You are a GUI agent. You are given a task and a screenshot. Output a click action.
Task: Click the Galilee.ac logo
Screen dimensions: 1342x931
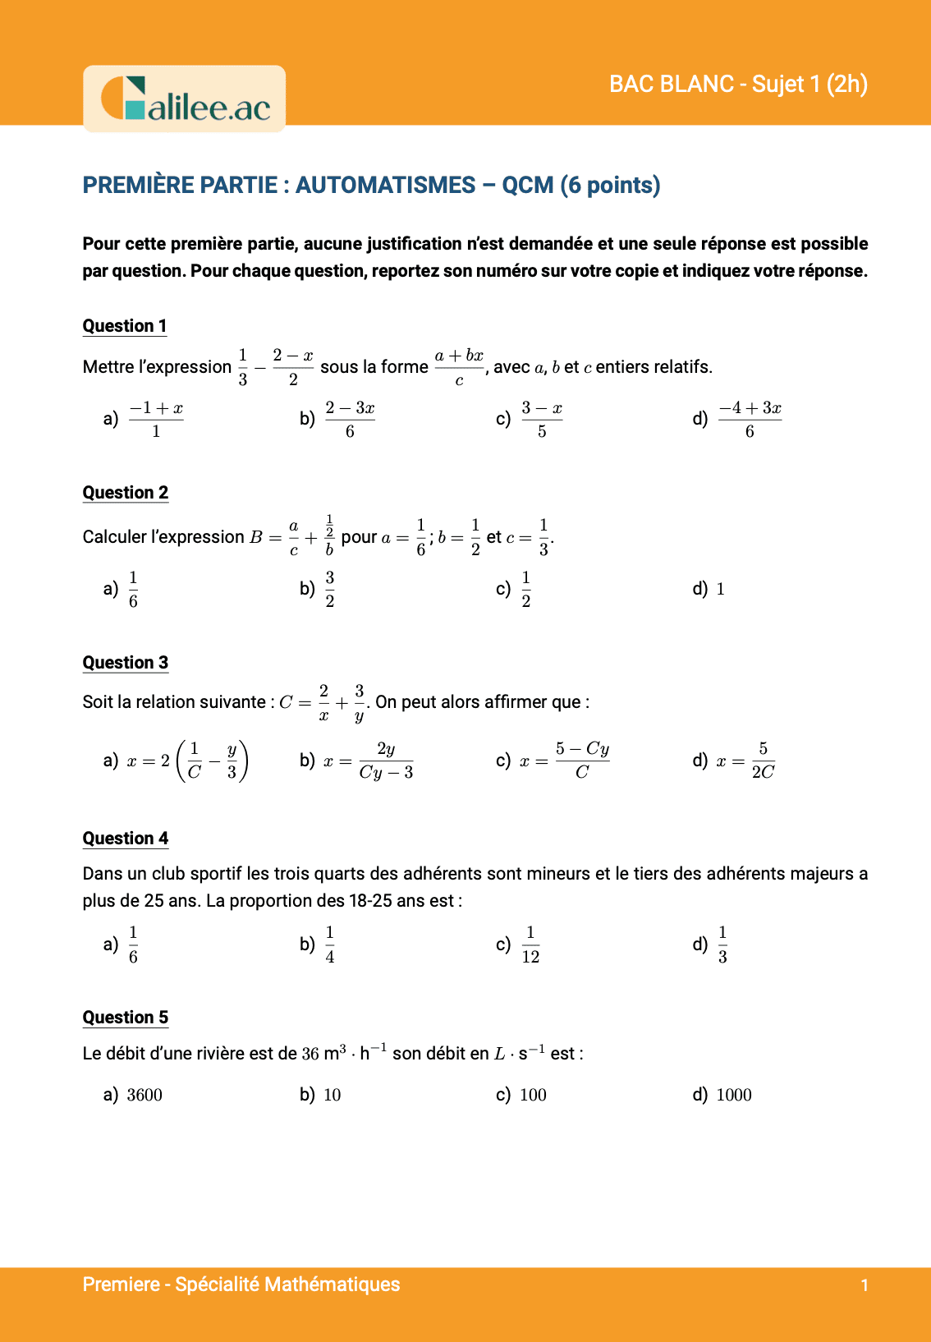(185, 99)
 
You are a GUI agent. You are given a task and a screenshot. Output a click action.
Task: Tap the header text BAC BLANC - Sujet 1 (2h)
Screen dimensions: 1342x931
(738, 84)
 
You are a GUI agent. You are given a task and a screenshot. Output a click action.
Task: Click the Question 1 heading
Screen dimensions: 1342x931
(125, 326)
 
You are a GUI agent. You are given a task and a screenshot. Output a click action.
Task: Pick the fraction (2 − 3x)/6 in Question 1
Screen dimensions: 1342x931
(350, 420)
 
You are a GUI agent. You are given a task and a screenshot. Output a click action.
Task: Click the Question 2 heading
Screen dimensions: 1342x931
(126, 493)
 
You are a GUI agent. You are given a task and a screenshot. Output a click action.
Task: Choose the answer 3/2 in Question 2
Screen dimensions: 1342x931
(329, 589)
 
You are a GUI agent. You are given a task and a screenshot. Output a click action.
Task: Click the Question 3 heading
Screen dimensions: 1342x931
(126, 663)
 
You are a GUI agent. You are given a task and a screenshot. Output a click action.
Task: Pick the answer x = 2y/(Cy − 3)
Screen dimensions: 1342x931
(369, 761)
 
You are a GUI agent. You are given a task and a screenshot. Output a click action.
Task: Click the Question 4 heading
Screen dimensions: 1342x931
(126, 839)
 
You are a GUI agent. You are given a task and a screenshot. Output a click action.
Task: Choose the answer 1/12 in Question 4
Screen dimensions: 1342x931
(530, 944)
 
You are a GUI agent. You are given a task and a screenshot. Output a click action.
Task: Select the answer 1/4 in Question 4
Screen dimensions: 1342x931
(329, 944)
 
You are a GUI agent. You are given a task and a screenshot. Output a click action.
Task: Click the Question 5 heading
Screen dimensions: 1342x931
(126, 1018)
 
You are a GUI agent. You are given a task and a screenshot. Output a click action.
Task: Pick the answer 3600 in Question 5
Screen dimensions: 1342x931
(144, 1095)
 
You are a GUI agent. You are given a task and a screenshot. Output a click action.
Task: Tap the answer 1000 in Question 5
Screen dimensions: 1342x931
(734, 1095)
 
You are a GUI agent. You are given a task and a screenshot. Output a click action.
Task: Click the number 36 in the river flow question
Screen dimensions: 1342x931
(310, 1054)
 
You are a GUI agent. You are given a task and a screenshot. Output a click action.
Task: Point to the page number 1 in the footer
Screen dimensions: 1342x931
(864, 1285)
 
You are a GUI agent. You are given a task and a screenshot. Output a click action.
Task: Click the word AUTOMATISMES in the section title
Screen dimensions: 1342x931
(385, 186)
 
